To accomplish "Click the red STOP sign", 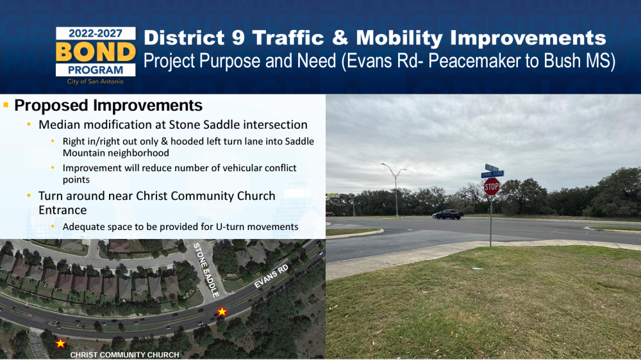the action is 492,187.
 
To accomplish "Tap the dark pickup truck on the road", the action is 447,214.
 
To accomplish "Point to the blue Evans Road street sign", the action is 492,174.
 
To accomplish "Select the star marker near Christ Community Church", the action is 60,343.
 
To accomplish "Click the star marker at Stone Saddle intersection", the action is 222,312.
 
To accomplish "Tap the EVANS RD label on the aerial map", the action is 271,276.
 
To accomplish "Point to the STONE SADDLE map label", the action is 206,270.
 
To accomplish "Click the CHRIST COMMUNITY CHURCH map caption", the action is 125,355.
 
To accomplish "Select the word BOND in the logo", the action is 96,52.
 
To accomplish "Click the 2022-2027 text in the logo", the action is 96,33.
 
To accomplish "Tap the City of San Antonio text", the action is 96,81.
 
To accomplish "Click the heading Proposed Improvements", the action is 108,106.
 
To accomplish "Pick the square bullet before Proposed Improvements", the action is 6,105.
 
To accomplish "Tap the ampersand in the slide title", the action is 340,38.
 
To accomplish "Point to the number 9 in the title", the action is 238,38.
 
